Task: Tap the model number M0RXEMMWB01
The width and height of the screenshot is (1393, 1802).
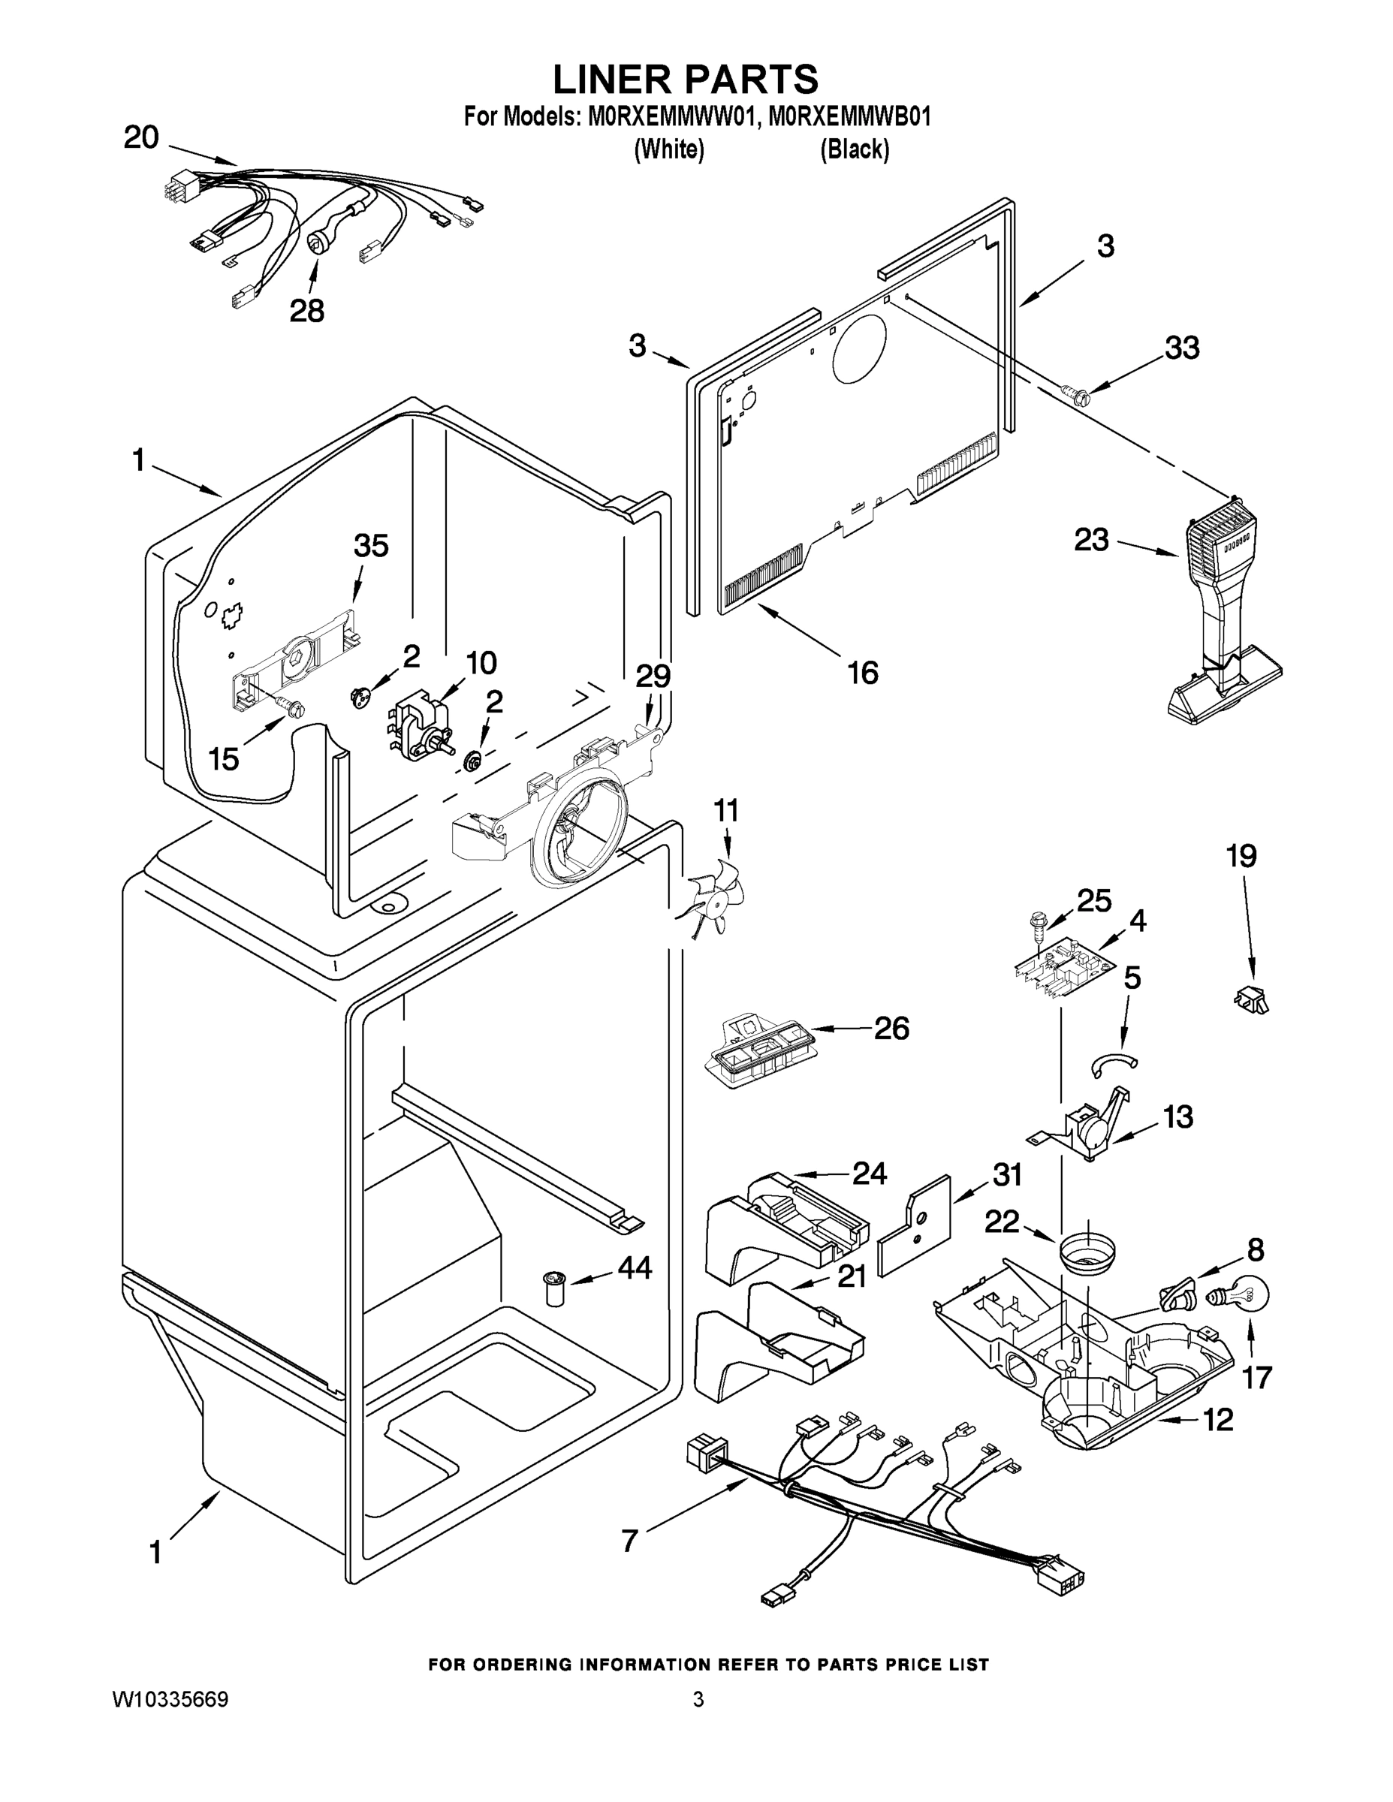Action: coord(849,117)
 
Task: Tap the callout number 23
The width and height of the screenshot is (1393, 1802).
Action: coord(1091,541)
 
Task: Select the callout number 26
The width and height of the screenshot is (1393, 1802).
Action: coord(891,1028)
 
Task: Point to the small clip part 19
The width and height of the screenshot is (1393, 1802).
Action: coord(1252,999)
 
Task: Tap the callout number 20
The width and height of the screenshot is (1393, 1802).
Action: coord(141,137)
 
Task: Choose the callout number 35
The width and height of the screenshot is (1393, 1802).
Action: coord(370,545)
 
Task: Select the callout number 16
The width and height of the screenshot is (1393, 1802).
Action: coord(863,673)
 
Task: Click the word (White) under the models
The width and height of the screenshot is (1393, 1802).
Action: coord(668,149)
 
